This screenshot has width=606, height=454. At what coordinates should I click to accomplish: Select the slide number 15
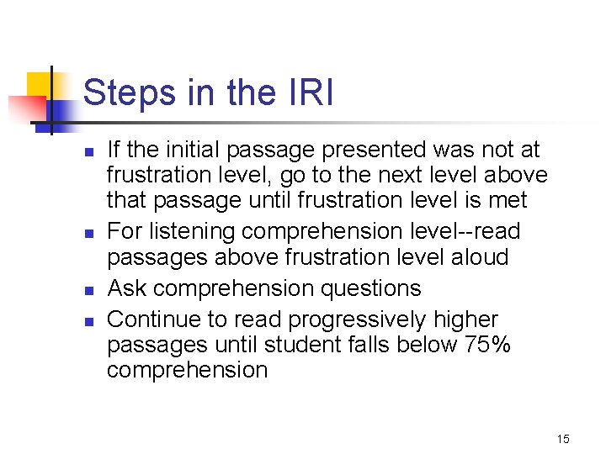point(563,439)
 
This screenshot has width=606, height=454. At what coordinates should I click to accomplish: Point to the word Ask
point(125,288)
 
